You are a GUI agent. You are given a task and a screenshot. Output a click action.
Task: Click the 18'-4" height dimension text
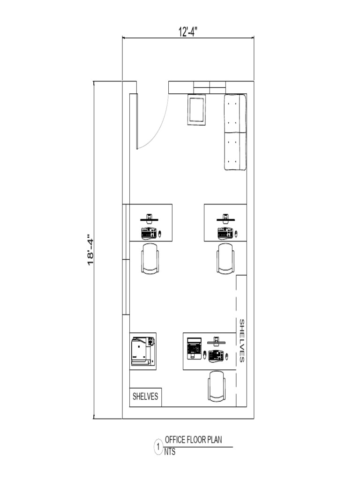[91, 251]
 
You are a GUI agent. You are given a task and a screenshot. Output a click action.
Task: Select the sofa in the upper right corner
[235, 132]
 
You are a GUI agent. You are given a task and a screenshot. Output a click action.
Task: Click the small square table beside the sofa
[196, 110]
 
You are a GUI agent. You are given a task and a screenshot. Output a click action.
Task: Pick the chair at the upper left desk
[150, 258]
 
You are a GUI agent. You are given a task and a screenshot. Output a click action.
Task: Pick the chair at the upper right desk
[225, 258]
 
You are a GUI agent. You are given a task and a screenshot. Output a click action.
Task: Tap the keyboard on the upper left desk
[148, 232]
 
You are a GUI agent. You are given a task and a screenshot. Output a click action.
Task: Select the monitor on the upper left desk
[150, 218]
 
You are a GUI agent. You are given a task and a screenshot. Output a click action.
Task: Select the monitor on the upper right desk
[225, 218]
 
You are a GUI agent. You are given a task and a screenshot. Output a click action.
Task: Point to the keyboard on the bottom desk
[216, 356]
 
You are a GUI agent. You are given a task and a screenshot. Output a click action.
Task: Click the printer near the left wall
[142, 351]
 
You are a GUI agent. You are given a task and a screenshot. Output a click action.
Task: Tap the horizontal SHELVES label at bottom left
[146, 397]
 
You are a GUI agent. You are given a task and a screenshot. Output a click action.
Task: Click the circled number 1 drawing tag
[158, 447]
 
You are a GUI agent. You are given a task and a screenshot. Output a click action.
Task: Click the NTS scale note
[170, 453]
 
